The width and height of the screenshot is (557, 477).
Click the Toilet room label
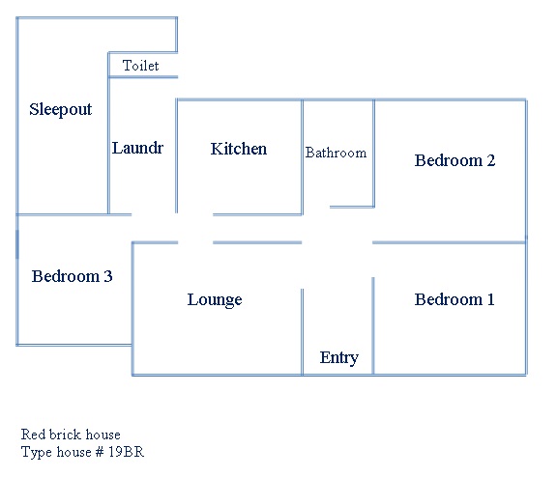[x=140, y=66]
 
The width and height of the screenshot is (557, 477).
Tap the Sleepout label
[x=60, y=109]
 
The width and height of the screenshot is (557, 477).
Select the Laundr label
[x=137, y=148]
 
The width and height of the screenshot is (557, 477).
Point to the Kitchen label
[x=238, y=149]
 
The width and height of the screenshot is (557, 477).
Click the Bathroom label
[x=336, y=153]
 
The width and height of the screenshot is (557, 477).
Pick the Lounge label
[x=215, y=300]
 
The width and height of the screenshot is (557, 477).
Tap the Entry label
[x=338, y=357]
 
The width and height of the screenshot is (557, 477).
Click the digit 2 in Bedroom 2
[x=491, y=160]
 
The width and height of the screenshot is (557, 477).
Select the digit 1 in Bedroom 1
[x=490, y=299]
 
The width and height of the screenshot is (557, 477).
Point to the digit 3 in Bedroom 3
[x=108, y=276]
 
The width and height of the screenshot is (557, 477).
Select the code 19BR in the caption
[x=126, y=452]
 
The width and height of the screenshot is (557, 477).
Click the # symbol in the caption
[x=100, y=452]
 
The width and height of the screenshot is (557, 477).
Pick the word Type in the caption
[x=37, y=453]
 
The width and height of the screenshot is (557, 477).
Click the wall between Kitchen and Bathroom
[x=303, y=157]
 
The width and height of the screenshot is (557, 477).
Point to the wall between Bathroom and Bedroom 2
[x=373, y=154]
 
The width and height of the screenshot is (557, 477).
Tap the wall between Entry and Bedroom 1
[x=373, y=326]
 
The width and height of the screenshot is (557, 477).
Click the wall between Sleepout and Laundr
[x=108, y=133]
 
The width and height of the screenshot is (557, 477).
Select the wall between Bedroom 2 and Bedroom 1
[x=450, y=242]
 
